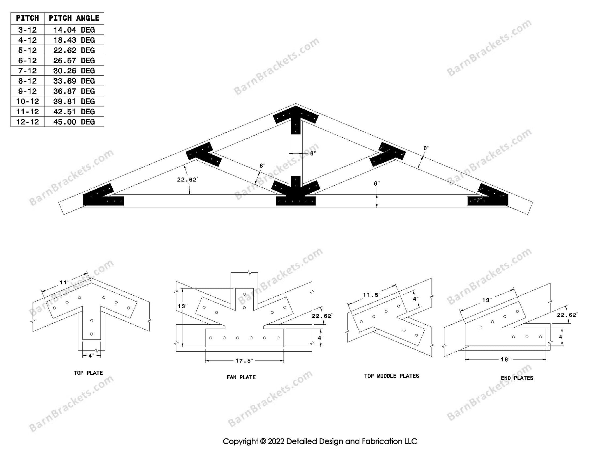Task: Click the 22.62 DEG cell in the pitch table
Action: (x=74, y=50)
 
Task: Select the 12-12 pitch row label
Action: (x=27, y=122)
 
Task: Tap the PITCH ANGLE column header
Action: (x=74, y=18)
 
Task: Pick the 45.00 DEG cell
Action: (x=74, y=122)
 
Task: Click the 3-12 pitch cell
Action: (x=27, y=30)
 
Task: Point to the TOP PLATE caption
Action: (x=88, y=373)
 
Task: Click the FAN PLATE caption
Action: (x=241, y=377)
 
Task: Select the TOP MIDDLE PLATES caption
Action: (x=391, y=376)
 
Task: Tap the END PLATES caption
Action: (x=517, y=378)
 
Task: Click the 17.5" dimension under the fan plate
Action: (x=244, y=361)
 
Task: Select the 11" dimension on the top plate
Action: (x=65, y=282)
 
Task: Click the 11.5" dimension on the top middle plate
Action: (x=372, y=295)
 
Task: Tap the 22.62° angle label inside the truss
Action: (x=187, y=179)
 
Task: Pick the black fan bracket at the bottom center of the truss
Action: (x=296, y=192)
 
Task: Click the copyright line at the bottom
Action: (x=320, y=441)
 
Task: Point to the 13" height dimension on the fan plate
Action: (x=182, y=306)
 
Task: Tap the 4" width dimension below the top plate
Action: (x=91, y=355)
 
